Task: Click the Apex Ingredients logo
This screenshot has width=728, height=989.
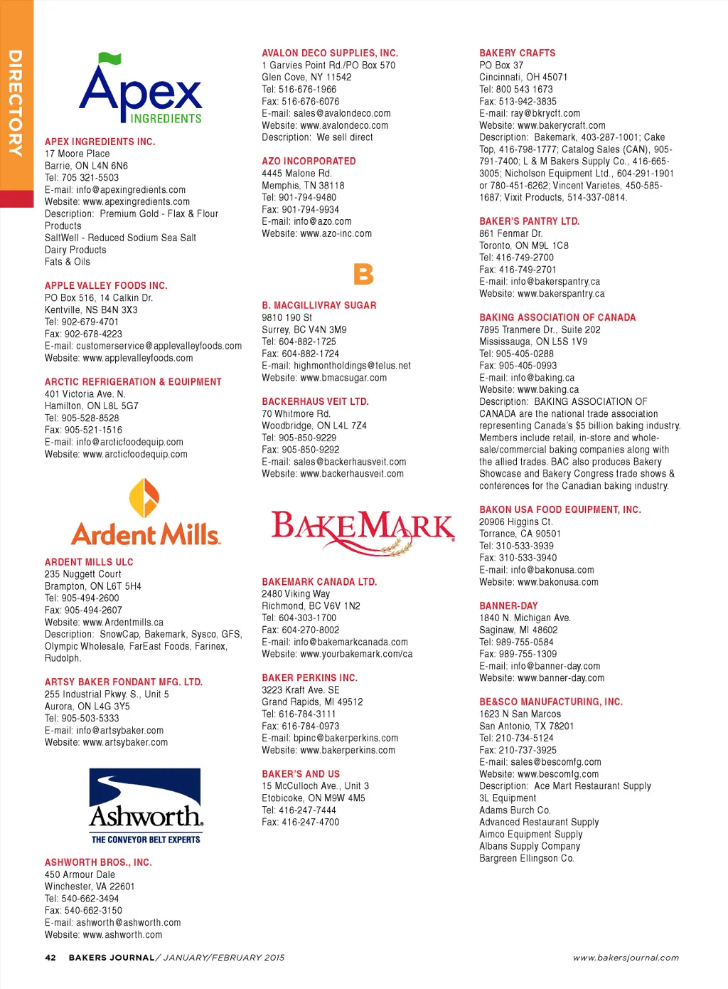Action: click(141, 90)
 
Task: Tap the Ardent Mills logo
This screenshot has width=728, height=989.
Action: click(145, 513)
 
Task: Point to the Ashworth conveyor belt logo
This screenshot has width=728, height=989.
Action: click(145, 806)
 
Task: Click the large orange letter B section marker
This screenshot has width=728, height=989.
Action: click(363, 274)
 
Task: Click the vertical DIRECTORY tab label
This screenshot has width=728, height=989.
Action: click(16, 103)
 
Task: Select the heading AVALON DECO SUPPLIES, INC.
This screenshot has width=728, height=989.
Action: click(330, 53)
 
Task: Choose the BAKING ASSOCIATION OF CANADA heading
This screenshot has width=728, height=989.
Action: click(557, 317)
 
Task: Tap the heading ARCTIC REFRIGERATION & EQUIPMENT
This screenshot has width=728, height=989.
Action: click(133, 381)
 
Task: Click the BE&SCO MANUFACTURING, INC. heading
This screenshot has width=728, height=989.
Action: click(551, 702)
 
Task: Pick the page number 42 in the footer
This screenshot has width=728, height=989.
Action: click(50, 958)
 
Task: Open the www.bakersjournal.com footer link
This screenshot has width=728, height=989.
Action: click(626, 958)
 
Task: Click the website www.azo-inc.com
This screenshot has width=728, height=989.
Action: click(336, 233)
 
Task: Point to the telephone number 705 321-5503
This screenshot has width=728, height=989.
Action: click(90, 178)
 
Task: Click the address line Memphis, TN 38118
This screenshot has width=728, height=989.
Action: click(303, 185)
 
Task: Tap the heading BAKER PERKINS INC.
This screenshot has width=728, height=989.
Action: click(309, 677)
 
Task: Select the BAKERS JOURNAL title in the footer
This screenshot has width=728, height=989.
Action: click(111, 958)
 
